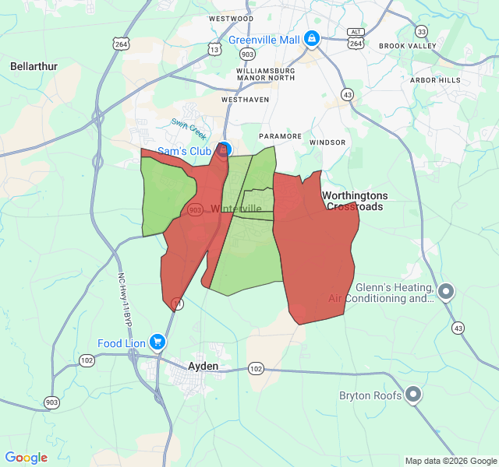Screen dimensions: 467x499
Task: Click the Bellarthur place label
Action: pyautogui.click(x=34, y=66)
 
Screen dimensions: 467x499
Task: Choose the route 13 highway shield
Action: pyautogui.click(x=214, y=50)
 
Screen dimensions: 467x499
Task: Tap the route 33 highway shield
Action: pyautogui.click(x=422, y=31)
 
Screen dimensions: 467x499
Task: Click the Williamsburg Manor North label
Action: pyautogui.click(x=255, y=75)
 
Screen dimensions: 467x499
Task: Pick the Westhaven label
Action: pyautogui.click(x=245, y=100)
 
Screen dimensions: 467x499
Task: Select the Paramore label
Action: pyautogui.click(x=280, y=136)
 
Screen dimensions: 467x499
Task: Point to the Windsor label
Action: pyautogui.click(x=327, y=143)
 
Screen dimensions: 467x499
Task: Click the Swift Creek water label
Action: pyautogui.click(x=189, y=128)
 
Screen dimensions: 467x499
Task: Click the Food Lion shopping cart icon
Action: pyautogui.click(x=157, y=342)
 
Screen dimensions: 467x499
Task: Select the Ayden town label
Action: pyautogui.click(x=203, y=366)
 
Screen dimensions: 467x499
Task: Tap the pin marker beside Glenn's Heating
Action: pyautogui.click(x=446, y=292)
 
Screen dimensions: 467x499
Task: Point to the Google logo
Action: pyautogui.click(x=26, y=458)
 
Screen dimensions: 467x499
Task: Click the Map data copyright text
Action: pyautogui.click(x=450, y=461)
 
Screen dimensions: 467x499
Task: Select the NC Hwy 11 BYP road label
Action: pyautogui.click(x=123, y=303)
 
